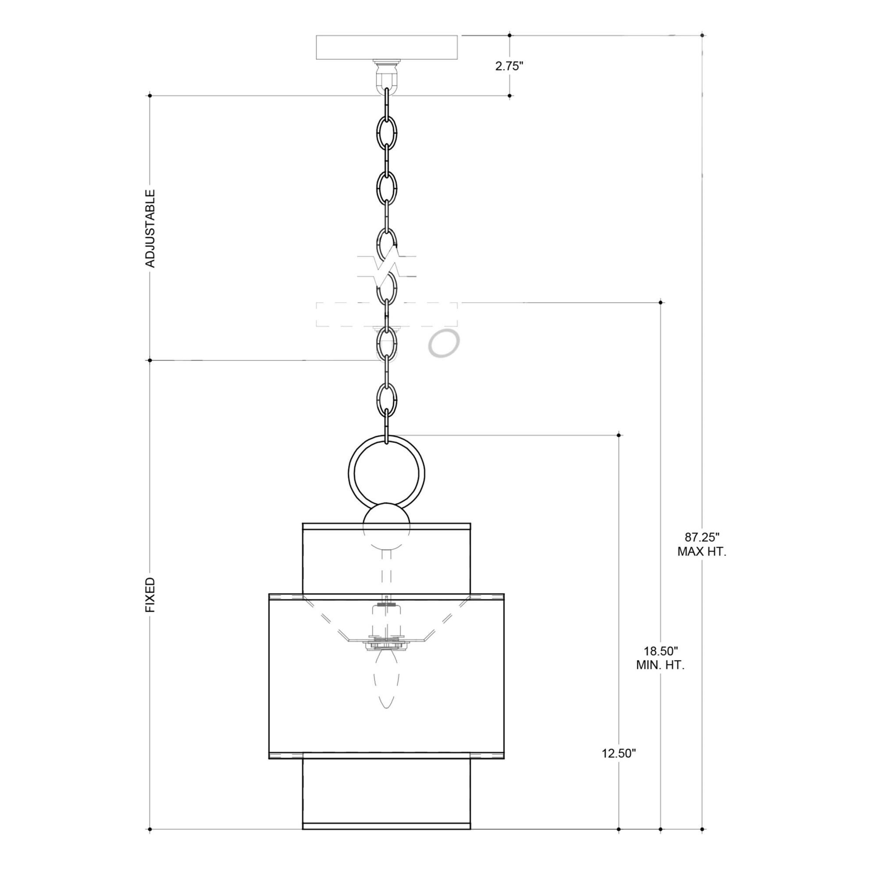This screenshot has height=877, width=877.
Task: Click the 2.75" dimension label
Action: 509,66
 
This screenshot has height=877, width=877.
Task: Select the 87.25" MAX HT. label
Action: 702,544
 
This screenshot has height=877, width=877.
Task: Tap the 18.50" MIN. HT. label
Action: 660,658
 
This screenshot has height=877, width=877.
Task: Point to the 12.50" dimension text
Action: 619,753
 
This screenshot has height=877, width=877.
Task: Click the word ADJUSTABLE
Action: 150,228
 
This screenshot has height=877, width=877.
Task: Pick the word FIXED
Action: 150,595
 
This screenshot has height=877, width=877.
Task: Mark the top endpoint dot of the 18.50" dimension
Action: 660,302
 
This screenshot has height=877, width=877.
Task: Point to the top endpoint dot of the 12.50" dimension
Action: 619,435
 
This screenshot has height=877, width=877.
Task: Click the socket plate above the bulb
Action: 386,644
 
